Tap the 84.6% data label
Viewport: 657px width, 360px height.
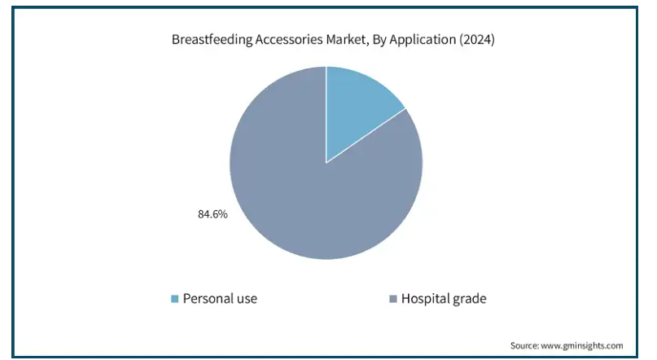(212, 214)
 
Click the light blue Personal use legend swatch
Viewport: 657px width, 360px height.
(175, 298)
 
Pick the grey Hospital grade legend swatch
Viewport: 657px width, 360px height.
(393, 298)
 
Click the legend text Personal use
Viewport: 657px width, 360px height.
(220, 298)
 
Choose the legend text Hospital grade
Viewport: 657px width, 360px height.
(444, 298)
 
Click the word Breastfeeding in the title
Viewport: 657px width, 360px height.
(212, 39)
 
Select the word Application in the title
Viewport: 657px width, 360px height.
(423, 39)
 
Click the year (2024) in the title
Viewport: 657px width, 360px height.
(477, 39)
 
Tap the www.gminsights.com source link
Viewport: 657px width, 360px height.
(582, 346)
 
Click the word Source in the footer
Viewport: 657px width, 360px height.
(524, 346)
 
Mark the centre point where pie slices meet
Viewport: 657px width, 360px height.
(326, 163)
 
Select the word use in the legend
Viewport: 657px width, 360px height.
(247, 299)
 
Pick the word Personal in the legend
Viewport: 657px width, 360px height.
(208, 298)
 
